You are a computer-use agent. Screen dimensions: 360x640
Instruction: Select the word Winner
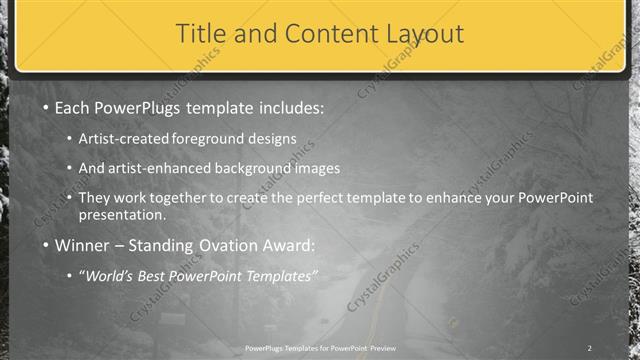[x=83, y=246]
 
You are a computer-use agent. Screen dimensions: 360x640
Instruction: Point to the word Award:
[x=285, y=246]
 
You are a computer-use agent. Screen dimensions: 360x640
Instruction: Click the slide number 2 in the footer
[x=590, y=348]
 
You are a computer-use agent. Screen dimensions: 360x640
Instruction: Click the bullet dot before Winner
[x=45, y=246]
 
